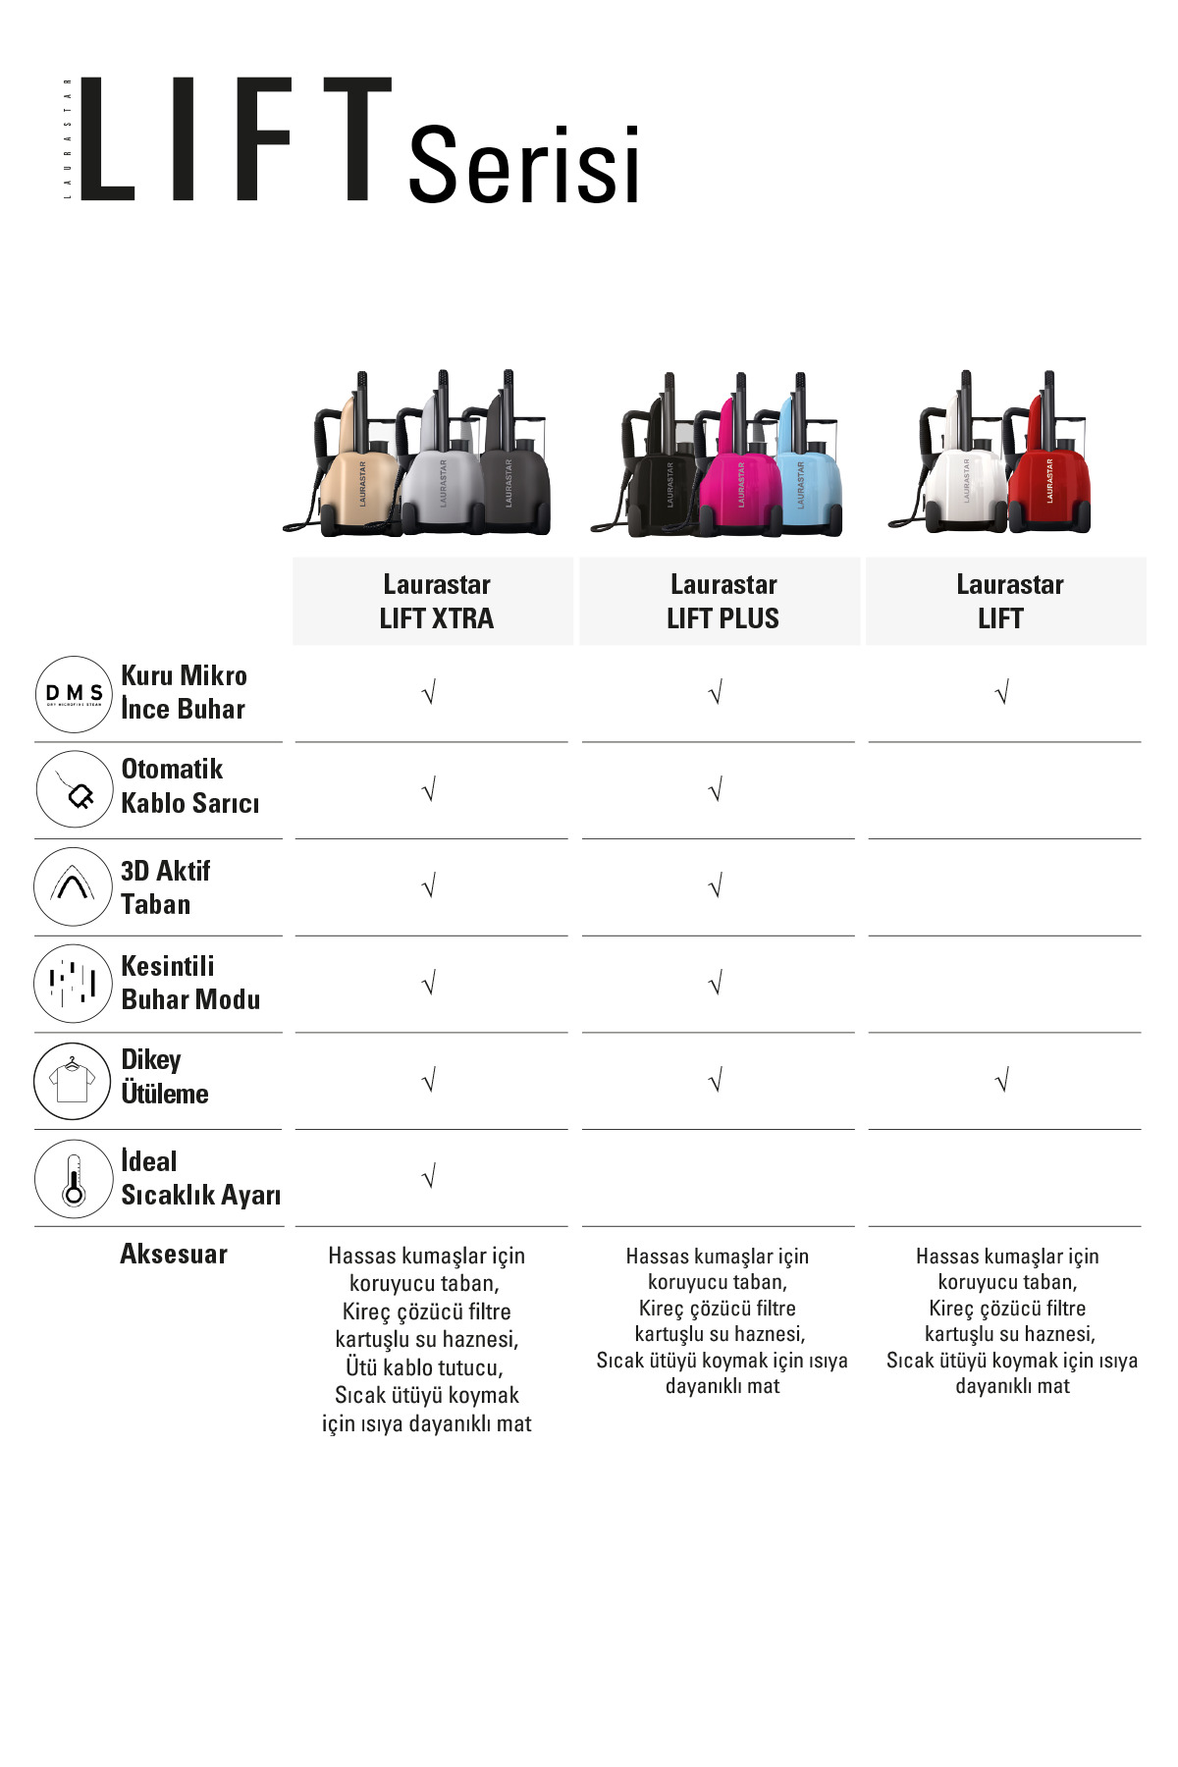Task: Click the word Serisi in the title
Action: click(523, 164)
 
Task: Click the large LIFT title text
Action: click(236, 139)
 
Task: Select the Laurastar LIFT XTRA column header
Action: click(437, 602)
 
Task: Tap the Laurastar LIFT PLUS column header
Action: click(723, 602)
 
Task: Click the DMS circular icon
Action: click(74, 694)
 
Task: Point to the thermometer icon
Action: click(74, 1178)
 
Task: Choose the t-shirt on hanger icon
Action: click(74, 1081)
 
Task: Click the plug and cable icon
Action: click(74, 789)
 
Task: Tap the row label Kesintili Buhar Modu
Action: click(190, 983)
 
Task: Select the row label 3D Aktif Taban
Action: click(165, 887)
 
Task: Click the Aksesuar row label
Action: click(174, 1254)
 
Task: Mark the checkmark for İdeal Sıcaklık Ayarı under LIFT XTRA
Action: click(429, 1176)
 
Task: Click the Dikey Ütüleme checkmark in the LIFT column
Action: click(1002, 1081)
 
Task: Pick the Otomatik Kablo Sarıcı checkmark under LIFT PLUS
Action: click(716, 789)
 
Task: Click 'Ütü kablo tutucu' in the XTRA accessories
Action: click(424, 1367)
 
